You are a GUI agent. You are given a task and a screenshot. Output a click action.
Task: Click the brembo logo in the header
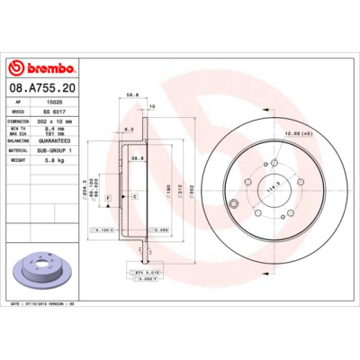click(44, 68)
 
